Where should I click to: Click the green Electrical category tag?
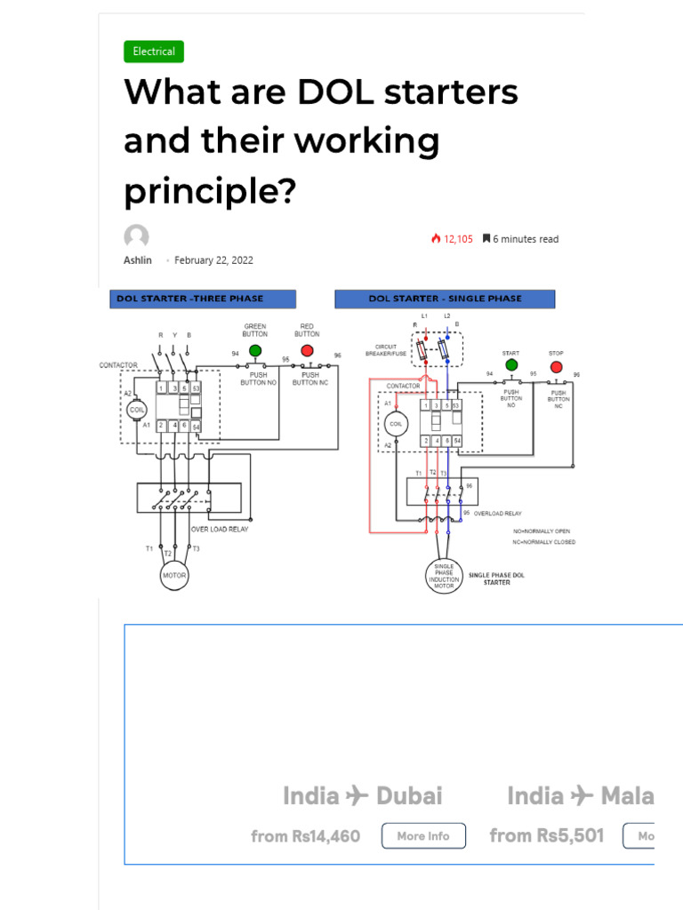coord(154,52)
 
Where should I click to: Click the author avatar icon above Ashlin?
coord(136,236)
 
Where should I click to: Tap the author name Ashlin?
coord(137,260)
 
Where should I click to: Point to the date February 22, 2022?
coord(213,260)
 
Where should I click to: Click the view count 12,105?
coord(453,239)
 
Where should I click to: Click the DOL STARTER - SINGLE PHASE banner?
coord(445,299)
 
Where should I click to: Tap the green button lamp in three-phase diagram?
coord(255,350)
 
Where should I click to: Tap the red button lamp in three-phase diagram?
coord(307,350)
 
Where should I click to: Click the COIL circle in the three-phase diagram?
coord(137,411)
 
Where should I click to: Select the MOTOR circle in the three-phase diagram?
coord(174,576)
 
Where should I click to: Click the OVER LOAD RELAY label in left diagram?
coord(220,530)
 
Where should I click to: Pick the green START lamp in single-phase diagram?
coord(511,364)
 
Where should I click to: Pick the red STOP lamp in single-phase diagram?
coord(557,366)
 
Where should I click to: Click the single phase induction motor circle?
coord(444,575)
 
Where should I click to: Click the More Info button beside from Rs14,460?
coord(423,836)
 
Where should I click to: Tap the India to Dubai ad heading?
coord(362,796)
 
